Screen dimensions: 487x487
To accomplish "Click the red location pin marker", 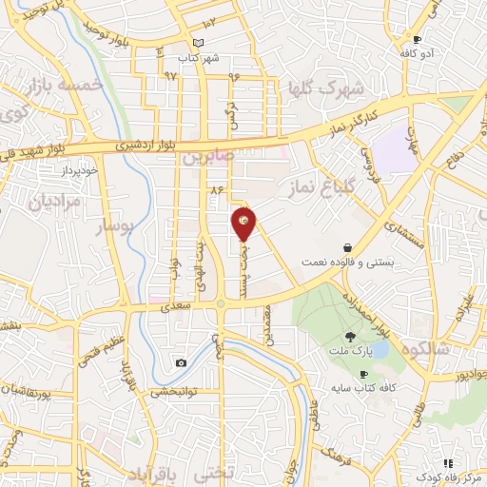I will coord(244,224).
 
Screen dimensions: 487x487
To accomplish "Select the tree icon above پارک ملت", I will coord(350,336).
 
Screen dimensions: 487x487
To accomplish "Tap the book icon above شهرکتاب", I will coord(198,44).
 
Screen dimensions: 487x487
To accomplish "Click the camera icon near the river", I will coord(181,362).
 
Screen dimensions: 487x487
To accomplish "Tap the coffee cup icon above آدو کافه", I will coord(417,39).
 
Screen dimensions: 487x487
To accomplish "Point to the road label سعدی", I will coord(177,305).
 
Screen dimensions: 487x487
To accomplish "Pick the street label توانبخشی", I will coord(172,389).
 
